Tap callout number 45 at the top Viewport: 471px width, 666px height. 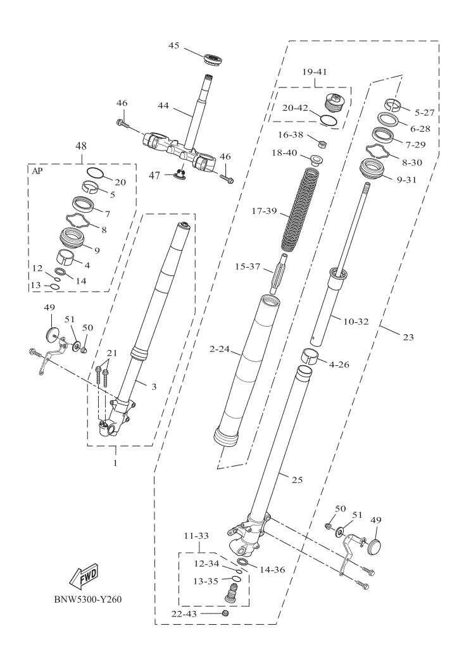click(175, 46)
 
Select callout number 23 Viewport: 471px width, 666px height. click(408, 337)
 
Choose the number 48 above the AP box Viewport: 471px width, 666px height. click(81, 146)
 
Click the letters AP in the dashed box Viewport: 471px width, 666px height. click(39, 170)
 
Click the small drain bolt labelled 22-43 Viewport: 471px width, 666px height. click(225, 614)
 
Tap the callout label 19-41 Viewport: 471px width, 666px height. click(315, 72)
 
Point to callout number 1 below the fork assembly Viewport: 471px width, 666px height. click(116, 463)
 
